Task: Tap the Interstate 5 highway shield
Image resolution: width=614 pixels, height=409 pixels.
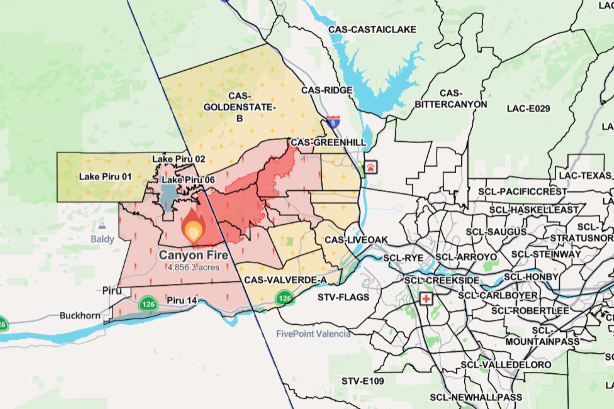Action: (333, 122)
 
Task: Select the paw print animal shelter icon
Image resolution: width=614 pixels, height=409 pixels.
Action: (371, 167)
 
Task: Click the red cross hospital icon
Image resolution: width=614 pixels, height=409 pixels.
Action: (426, 298)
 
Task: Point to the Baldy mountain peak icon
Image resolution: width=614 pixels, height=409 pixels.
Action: (102, 226)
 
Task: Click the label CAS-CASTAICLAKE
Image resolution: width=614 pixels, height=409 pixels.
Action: (372, 29)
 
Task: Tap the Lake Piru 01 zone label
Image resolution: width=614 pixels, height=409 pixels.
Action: (105, 177)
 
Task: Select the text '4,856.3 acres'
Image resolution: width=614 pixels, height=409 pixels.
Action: (193, 267)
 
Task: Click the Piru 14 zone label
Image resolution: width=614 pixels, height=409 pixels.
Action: (182, 300)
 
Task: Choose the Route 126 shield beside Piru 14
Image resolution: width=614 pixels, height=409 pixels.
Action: (148, 304)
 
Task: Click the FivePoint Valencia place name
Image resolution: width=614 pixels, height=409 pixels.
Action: (313, 334)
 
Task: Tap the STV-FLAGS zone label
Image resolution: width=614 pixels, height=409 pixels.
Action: (343, 297)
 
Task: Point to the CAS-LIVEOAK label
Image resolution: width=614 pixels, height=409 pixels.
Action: (356, 240)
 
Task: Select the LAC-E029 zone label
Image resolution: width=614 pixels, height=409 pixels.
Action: (528, 109)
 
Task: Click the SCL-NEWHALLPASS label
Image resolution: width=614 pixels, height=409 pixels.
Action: (476, 397)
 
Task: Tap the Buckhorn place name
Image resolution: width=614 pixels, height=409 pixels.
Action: (80, 316)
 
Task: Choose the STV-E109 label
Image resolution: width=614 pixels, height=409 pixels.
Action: (363, 381)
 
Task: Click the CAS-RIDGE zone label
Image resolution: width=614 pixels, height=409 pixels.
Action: (327, 90)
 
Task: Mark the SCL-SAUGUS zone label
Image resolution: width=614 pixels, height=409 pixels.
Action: (496, 232)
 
